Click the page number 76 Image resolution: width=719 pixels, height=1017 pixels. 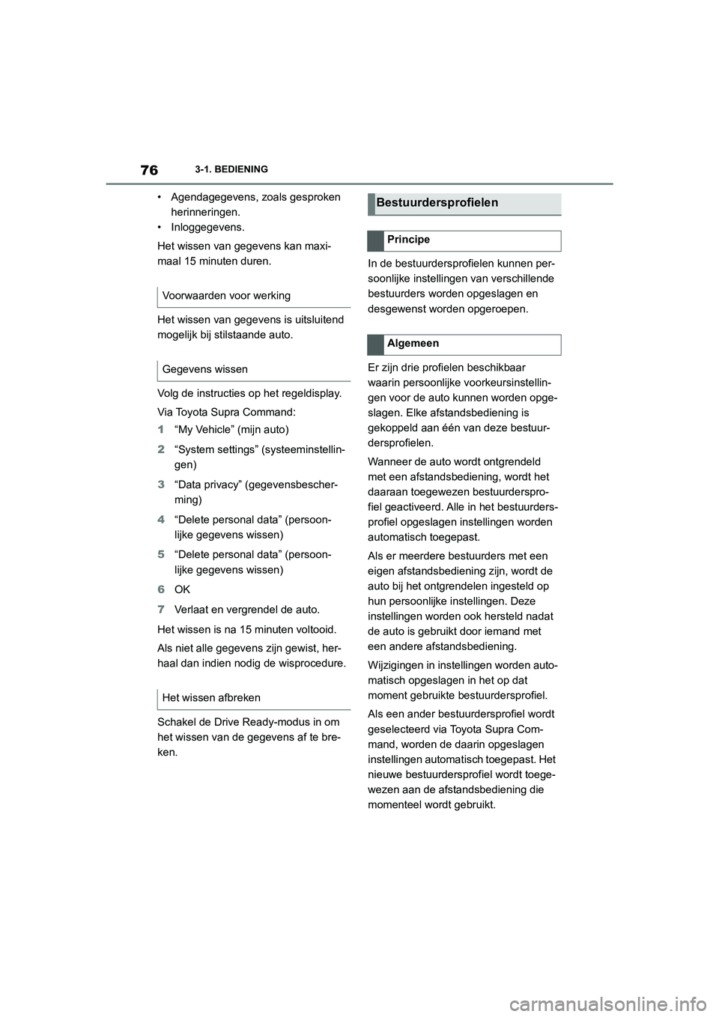tap(148, 170)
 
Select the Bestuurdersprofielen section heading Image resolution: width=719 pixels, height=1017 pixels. tap(437, 203)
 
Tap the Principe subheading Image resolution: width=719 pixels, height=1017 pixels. tap(408, 240)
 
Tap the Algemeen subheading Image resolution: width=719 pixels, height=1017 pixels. tap(413, 344)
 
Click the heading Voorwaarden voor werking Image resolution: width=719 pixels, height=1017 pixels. tap(226, 296)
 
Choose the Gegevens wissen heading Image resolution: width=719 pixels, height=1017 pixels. tap(204, 369)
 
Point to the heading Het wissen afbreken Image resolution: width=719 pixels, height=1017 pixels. tap(211, 698)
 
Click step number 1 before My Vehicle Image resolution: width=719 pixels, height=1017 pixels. tap(161, 430)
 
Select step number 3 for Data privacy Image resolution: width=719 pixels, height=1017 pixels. tap(161, 485)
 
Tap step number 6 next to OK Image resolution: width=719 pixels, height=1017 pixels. tap(161, 589)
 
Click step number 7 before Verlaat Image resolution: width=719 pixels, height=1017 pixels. tap(161, 610)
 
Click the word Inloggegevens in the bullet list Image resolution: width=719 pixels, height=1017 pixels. tap(207, 227)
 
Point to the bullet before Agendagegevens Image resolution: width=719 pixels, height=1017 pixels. tap(160, 198)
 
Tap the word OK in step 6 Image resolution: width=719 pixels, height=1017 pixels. tap(182, 589)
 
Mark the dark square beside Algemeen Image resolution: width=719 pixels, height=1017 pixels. tap(374, 344)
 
